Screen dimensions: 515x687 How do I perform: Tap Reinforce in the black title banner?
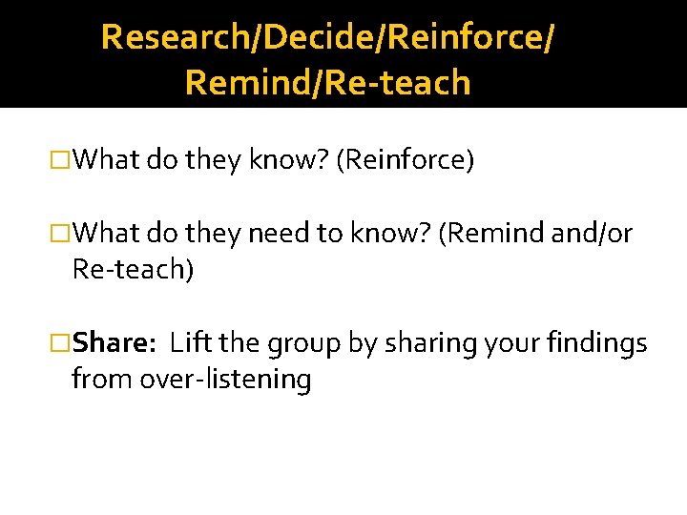point(447,37)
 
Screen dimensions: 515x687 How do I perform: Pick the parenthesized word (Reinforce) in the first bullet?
point(406,159)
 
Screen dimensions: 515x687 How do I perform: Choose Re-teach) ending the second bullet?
point(133,270)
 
